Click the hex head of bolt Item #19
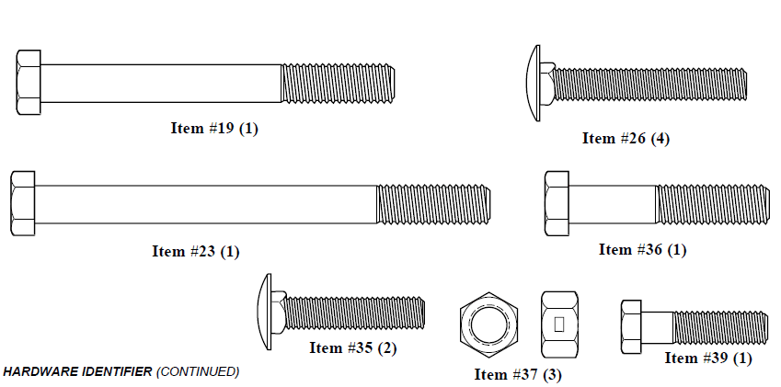click(x=29, y=83)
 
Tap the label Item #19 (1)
click(x=214, y=129)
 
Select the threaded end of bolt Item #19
click(x=338, y=83)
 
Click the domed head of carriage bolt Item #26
click(x=533, y=83)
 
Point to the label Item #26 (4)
click(x=626, y=138)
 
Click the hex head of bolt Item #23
click(x=22, y=203)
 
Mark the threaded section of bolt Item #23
click(x=433, y=204)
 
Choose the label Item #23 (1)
click(x=196, y=251)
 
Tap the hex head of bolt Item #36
click(x=557, y=203)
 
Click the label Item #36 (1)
click(x=642, y=249)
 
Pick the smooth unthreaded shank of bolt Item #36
click(x=612, y=204)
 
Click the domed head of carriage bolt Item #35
click(x=265, y=312)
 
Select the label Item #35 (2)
click(x=353, y=347)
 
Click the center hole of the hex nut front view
click(x=489, y=324)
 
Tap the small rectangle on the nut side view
click(x=559, y=324)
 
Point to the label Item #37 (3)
click(x=518, y=374)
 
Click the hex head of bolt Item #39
click(x=631, y=327)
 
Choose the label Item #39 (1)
click(x=708, y=358)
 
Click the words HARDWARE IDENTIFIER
click(x=77, y=371)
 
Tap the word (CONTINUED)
click(x=198, y=371)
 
